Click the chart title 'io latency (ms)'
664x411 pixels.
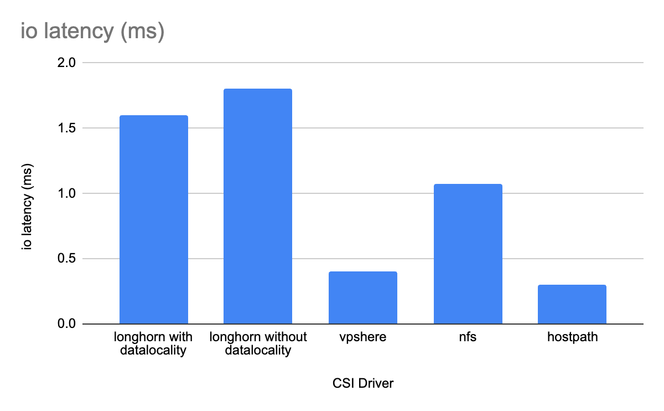pyautogui.click(x=92, y=31)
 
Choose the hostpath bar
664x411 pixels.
pyautogui.click(x=572, y=304)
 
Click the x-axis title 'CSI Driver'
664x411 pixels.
pyautogui.click(x=363, y=383)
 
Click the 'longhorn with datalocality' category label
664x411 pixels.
pyautogui.click(x=153, y=343)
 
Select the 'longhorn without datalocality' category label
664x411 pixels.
pyautogui.click(x=258, y=343)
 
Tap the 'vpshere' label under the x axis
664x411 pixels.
pyautogui.click(x=363, y=337)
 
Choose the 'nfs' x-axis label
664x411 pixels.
pyautogui.click(x=468, y=337)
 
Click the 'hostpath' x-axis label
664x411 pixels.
pyautogui.click(x=572, y=337)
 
